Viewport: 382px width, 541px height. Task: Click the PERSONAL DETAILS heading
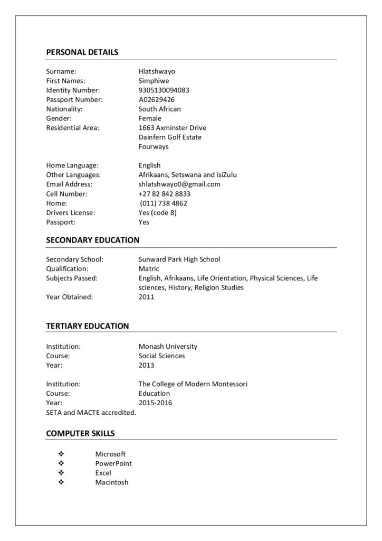pos(82,52)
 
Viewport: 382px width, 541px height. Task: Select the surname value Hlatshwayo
pos(157,71)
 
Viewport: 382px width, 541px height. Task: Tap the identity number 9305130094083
pos(164,90)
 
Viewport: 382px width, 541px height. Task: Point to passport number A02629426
pos(157,99)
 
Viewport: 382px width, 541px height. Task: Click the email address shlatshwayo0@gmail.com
pos(179,184)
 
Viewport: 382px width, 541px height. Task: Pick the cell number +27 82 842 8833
pos(164,194)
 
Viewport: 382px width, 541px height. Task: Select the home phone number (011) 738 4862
pos(164,203)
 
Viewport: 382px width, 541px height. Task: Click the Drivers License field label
pos(71,213)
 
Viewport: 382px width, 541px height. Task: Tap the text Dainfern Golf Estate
pos(170,137)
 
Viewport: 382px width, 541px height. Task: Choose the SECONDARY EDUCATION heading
pos(92,240)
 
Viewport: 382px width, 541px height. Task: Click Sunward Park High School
pos(179,259)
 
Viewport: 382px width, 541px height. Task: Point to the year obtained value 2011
pos(146,297)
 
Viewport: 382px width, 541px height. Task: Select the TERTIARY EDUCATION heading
pos(87,326)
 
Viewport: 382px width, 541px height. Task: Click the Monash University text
pos(168,347)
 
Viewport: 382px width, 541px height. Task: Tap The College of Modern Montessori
pos(193,384)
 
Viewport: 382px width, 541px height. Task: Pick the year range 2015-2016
pos(155,403)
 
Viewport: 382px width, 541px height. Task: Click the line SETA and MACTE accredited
pos(91,412)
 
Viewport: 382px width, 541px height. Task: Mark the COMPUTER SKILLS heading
pos(80,434)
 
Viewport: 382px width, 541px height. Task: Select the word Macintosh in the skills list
pos(112,482)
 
